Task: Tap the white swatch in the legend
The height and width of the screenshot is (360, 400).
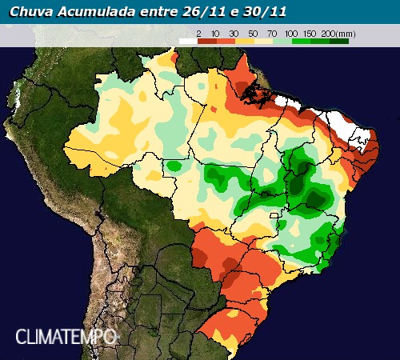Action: coord(187,39)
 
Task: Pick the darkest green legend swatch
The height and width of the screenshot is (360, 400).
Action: coord(340,39)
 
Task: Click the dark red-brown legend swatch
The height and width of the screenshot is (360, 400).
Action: coord(207,39)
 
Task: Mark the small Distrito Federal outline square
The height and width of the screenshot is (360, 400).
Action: coord(278,215)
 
